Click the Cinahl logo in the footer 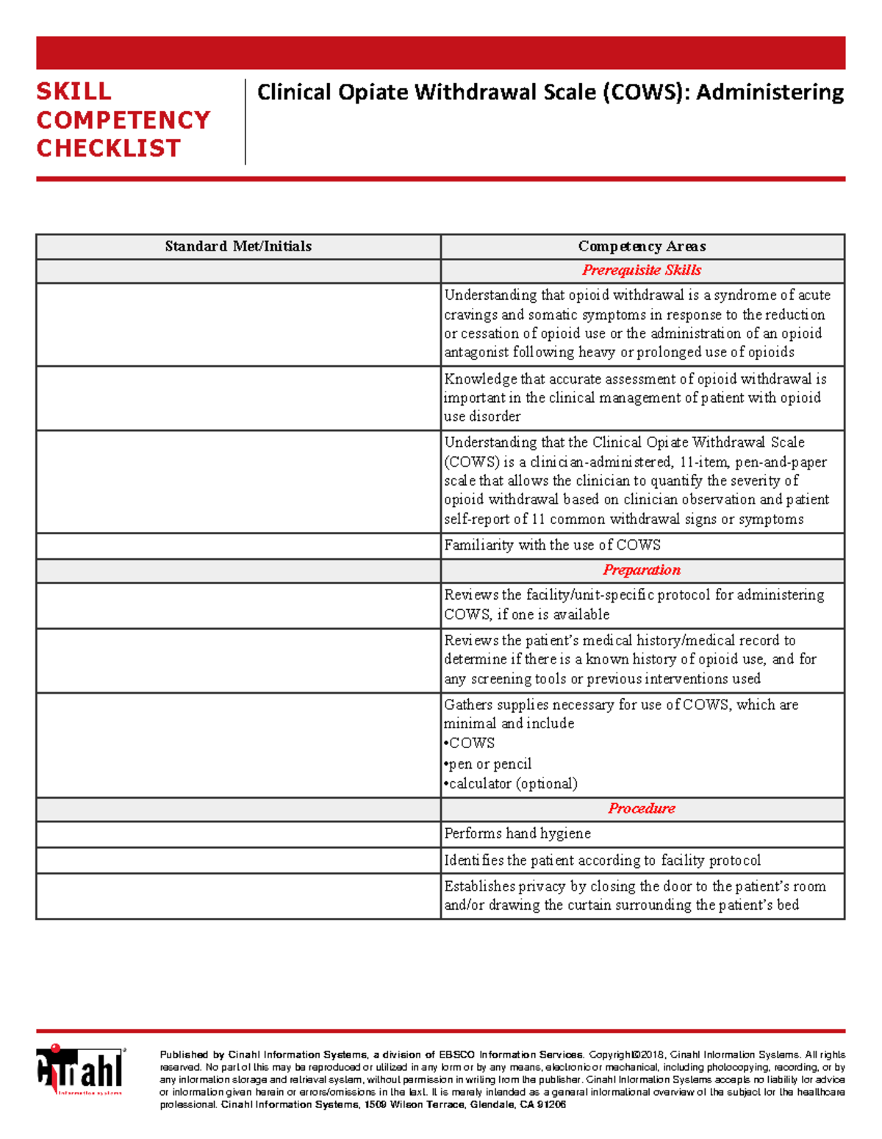80,1071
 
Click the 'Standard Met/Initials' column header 238,246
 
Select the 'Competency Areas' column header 642,246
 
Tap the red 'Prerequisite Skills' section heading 642,270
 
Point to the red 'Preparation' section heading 642,570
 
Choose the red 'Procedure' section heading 642,808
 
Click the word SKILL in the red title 74,92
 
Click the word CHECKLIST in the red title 108,148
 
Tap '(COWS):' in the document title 647,93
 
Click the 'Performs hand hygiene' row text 517,833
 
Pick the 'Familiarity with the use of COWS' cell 552,545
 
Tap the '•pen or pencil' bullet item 488,763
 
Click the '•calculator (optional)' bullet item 511,783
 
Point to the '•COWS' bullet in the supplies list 470,743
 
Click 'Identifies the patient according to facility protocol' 602,860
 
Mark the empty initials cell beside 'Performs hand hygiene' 238,834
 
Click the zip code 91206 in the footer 551,1105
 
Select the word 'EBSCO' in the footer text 457,1055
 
